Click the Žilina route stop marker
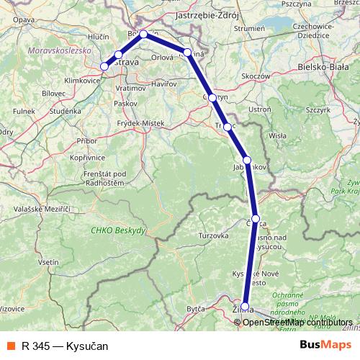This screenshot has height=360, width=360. tap(245, 306)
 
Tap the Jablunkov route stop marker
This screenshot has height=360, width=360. tap(247, 160)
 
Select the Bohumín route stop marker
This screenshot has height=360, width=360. tap(143, 34)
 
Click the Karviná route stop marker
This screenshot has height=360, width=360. tap(187, 52)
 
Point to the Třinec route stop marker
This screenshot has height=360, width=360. tap(228, 127)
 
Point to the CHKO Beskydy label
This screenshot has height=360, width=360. tap(118, 230)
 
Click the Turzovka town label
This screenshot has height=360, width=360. tap(214, 235)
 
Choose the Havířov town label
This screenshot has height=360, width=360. tap(163, 84)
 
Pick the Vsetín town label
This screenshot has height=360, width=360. tap(48, 263)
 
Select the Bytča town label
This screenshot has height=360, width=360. tap(196, 307)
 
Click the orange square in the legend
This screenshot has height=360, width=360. tap(11, 346)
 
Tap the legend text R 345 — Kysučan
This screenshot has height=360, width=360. tap(64, 346)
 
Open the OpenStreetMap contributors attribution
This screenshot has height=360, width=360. tap(299, 322)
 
